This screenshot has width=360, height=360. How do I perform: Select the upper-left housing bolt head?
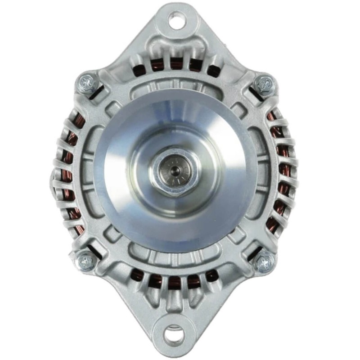tap(87, 83)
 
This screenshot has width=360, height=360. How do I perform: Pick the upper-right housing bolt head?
tap(265, 84)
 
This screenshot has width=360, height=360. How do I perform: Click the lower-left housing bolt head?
tap(85, 261)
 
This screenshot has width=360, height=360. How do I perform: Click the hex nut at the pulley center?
tap(174, 174)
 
